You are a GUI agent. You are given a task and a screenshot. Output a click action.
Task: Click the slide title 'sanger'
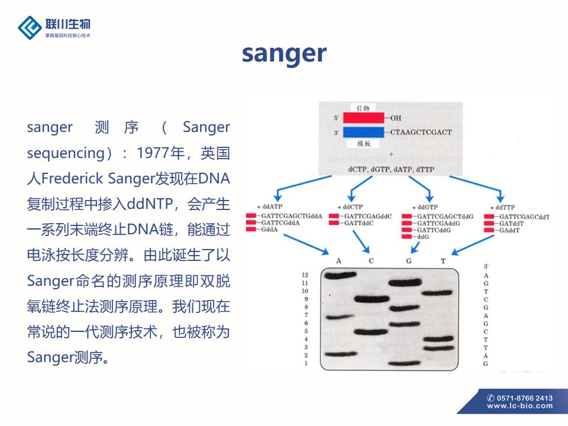[x=284, y=53]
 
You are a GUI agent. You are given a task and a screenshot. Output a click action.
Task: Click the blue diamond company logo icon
[x=30, y=27]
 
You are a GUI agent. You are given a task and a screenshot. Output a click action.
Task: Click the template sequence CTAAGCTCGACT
[x=421, y=132]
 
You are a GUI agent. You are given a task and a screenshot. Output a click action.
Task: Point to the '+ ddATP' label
[x=270, y=206]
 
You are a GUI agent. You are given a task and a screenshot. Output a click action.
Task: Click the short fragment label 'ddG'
[x=423, y=237]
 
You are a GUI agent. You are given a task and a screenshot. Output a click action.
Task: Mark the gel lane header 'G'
[x=408, y=261]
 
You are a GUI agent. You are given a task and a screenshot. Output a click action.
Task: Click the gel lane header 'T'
[x=443, y=261]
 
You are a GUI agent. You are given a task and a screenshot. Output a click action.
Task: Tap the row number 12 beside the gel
[x=305, y=276]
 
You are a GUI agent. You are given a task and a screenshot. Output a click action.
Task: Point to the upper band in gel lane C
[x=372, y=299]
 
